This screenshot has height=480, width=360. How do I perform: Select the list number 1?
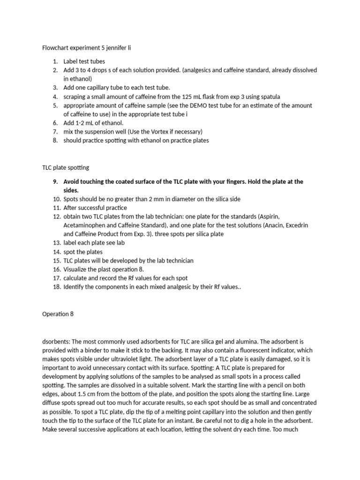point(55,61)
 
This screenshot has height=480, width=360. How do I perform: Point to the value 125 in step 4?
point(192,97)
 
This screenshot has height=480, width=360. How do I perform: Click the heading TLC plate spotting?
point(66,167)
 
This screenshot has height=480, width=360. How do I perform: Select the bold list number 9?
point(55,181)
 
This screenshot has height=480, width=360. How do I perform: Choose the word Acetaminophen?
point(84,225)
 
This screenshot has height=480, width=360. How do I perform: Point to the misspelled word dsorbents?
point(58,342)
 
